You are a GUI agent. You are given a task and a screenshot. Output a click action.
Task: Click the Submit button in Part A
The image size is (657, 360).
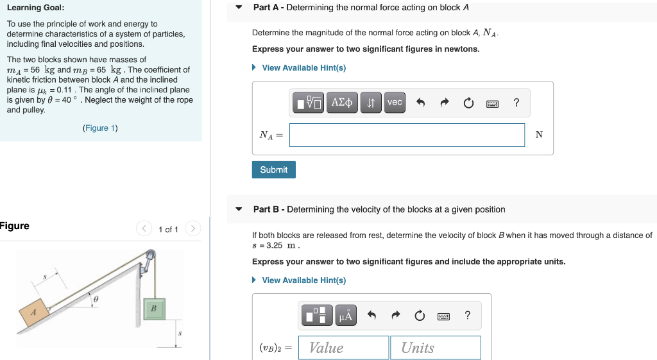[x=274, y=169]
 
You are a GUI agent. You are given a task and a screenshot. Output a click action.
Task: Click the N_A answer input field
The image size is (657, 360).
[x=407, y=135]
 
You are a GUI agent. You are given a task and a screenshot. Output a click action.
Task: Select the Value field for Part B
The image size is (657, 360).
[x=344, y=348]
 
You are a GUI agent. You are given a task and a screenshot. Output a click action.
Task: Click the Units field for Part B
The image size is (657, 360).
[x=436, y=348]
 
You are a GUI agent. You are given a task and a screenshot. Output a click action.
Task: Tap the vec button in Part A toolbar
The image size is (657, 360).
[x=395, y=103]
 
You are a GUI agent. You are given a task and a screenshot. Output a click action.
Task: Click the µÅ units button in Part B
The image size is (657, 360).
[x=346, y=315]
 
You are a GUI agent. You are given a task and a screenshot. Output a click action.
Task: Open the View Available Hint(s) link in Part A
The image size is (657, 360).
[x=303, y=68]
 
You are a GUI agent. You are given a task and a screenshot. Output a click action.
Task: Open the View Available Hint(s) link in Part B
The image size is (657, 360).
[x=303, y=280]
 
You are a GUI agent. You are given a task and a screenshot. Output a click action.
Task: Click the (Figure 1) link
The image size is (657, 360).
[x=100, y=128]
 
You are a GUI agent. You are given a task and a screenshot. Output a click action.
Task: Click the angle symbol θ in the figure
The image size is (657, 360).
[x=96, y=299]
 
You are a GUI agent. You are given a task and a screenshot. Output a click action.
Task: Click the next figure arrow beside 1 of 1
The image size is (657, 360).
[x=193, y=229]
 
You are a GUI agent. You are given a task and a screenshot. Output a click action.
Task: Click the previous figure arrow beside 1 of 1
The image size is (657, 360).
[x=144, y=229]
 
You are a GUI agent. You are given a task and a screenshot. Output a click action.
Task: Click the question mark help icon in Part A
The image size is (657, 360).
[x=516, y=103]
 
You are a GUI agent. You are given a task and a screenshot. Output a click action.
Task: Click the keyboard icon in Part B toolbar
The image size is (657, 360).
[x=443, y=316]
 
